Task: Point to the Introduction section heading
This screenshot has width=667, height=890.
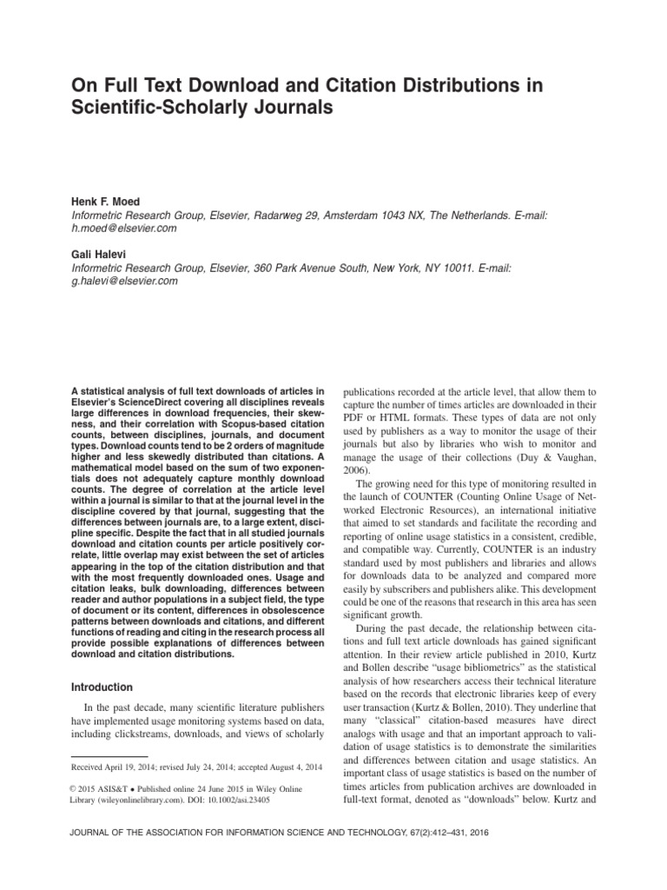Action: coord(102,687)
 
